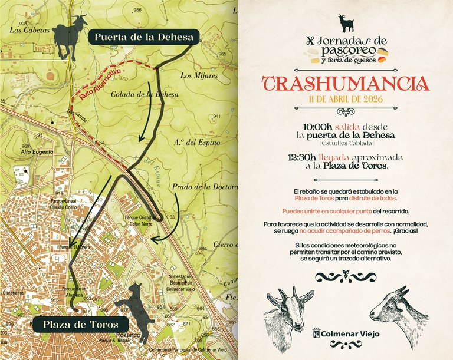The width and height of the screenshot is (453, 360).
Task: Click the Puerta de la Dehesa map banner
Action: pyautogui.click(x=142, y=37)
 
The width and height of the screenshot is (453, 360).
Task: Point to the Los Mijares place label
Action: pyautogui.click(x=195, y=75)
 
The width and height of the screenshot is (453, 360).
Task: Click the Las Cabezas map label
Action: pyautogui.click(x=25, y=28)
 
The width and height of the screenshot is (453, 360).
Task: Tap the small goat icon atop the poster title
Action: pyautogui.click(x=346, y=24)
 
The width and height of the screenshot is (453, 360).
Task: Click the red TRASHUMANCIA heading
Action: pyautogui.click(x=345, y=83)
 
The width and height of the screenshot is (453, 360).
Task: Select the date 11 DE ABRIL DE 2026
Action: pyautogui.click(x=345, y=99)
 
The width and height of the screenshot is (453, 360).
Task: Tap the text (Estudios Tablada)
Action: pyautogui.click(x=346, y=143)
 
